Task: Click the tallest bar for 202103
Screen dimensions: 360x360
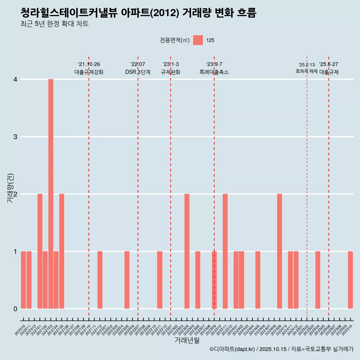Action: (51, 194)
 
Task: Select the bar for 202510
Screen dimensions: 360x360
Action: (350, 280)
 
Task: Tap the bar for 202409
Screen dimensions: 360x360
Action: (279, 251)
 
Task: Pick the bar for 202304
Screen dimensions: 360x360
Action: (187, 251)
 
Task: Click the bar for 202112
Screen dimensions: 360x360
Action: (100, 280)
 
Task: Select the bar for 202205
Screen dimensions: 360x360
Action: (127, 280)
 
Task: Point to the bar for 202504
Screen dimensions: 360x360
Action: (318, 280)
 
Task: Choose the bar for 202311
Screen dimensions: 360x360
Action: (225, 251)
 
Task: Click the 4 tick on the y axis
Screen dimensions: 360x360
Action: (15, 79)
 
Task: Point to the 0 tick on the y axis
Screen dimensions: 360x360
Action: (15, 309)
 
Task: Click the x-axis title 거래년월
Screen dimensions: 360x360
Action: (187, 340)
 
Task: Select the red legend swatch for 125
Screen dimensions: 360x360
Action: (198, 40)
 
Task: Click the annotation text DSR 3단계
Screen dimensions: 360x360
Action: (138, 72)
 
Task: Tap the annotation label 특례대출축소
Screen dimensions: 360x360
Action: (214, 72)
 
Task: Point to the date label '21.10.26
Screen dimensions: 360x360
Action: (89, 64)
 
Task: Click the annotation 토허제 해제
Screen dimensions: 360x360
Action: (306, 71)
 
